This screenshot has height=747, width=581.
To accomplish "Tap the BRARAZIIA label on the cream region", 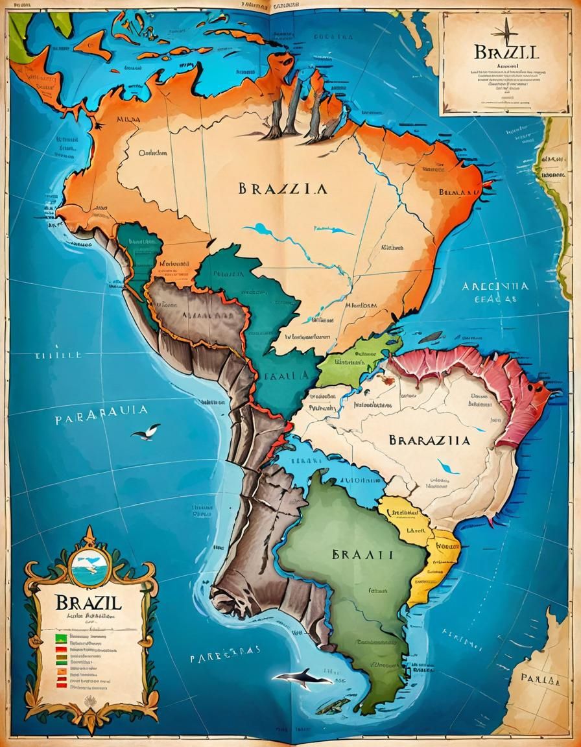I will click(429, 440).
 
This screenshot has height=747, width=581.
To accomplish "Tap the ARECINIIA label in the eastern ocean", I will click(495, 286).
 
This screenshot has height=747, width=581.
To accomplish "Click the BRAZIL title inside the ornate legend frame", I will click(80, 602).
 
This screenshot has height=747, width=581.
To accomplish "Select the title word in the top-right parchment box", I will click(506, 52).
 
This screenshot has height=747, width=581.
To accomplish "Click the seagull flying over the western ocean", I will click(147, 432).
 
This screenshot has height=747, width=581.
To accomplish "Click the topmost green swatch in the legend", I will click(61, 637).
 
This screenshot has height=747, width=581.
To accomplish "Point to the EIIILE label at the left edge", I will click(58, 355).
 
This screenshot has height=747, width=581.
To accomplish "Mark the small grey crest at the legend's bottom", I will click(89, 702).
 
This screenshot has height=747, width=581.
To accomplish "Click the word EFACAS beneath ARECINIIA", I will click(495, 300).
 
